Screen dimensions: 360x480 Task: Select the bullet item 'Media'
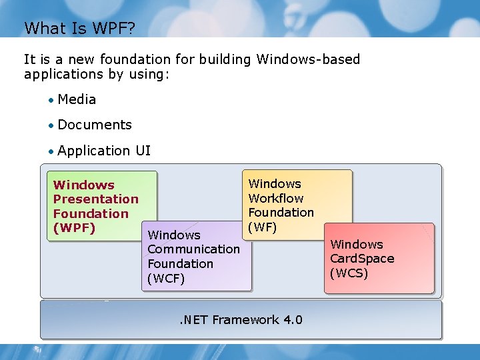(x=77, y=99)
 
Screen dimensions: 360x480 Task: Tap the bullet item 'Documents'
(x=95, y=125)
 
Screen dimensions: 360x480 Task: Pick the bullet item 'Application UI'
(x=104, y=151)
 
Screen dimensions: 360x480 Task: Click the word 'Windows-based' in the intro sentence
(x=308, y=59)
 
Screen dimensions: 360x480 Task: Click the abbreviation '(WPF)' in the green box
(x=74, y=228)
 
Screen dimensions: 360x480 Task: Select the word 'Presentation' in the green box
(x=95, y=199)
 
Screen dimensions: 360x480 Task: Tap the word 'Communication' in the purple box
(x=193, y=249)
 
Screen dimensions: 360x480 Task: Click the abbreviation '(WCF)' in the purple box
(x=166, y=278)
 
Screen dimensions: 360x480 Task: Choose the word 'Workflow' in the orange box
(x=275, y=198)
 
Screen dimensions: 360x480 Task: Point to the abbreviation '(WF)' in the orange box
(x=262, y=227)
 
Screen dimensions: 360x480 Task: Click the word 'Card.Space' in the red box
(x=362, y=259)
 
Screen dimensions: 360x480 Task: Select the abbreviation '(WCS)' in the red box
(x=349, y=273)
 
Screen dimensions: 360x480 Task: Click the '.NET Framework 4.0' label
(x=241, y=320)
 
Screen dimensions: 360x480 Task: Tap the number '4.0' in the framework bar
(x=293, y=320)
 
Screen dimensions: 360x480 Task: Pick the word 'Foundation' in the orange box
(x=281, y=212)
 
